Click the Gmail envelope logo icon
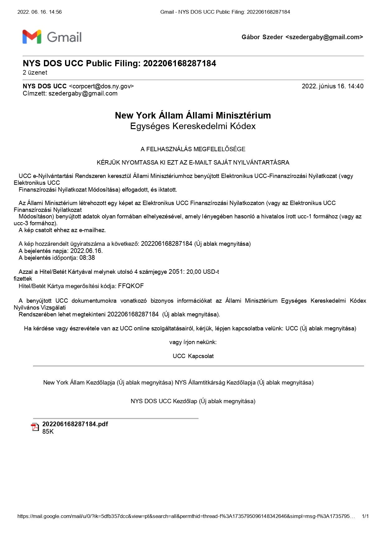(x=32, y=37)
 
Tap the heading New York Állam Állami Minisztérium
(x=193, y=115)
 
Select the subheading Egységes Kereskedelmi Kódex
(x=193, y=126)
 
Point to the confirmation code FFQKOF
(x=131, y=286)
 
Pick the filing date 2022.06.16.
(x=86, y=251)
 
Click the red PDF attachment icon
(x=35, y=427)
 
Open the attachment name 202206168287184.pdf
(x=75, y=424)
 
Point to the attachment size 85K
(x=48, y=432)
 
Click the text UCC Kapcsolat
(x=193, y=356)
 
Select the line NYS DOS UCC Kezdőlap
(x=193, y=401)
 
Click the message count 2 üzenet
(x=35, y=72)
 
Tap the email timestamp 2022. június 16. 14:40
(x=332, y=86)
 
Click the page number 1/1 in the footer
(x=365, y=516)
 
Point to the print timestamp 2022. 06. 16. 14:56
(x=40, y=12)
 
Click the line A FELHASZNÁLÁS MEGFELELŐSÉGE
(x=193, y=149)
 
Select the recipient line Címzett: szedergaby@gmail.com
(x=70, y=93)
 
